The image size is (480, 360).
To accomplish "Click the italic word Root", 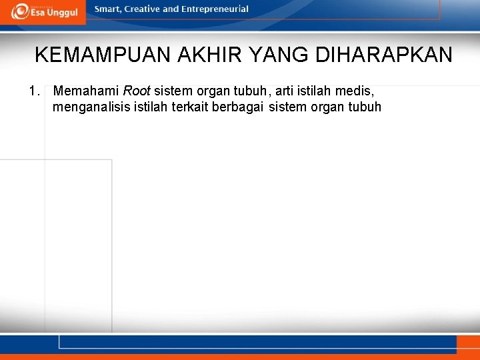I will coord(137,91).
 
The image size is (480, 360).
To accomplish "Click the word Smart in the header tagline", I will coord(107,9).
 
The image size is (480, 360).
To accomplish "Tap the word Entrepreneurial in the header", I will coord(215,9).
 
